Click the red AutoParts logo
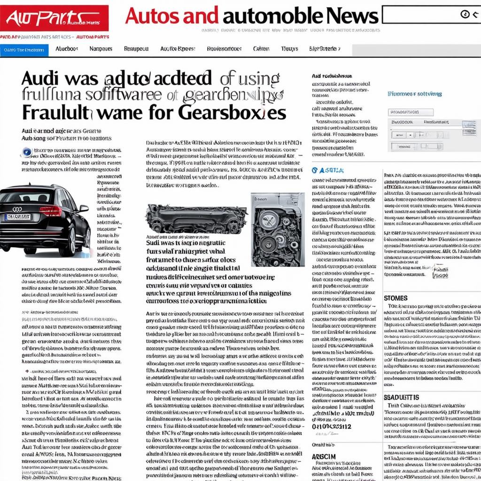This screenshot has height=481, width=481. pos(54,18)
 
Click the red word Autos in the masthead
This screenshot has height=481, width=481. pos(172,16)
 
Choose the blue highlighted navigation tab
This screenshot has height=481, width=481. pos(24,50)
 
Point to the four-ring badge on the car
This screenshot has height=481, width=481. pos(17,209)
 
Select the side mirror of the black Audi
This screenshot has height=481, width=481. pos(83,208)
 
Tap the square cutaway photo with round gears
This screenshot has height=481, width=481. pos(271,229)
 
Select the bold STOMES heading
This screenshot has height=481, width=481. pos(396,298)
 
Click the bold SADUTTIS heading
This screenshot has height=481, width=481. pos(401,397)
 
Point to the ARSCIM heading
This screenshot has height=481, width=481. pos(324,457)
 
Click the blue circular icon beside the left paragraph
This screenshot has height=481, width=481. pos(27,152)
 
